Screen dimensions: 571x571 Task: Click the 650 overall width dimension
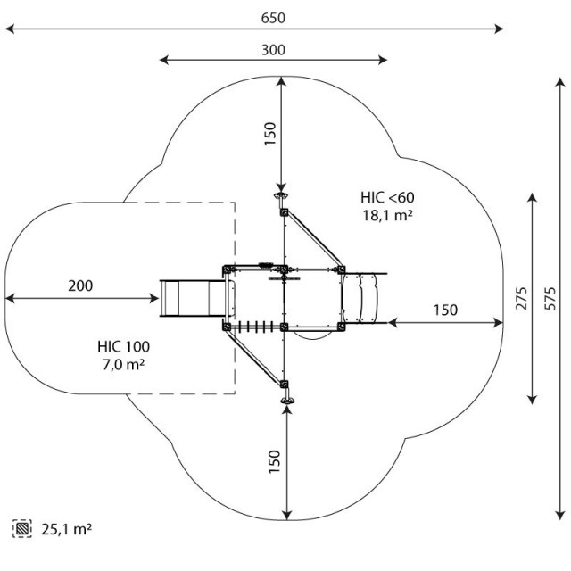(273, 18)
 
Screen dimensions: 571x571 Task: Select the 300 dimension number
(273, 50)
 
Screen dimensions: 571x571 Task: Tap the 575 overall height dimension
(550, 299)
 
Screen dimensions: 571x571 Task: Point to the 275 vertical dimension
(521, 299)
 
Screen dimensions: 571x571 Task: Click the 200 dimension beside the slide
(80, 285)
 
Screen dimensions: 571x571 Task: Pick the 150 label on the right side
(445, 310)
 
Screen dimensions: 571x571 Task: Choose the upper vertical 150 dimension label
(269, 134)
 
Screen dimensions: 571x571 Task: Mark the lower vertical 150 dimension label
(274, 462)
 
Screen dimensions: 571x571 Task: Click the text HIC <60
(387, 197)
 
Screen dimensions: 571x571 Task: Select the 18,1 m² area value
(387, 215)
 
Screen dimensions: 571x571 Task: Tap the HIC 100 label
(123, 347)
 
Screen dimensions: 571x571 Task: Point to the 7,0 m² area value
(123, 364)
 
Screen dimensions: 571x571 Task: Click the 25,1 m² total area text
(66, 529)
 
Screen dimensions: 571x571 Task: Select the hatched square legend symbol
(22, 528)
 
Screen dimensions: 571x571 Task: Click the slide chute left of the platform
(193, 298)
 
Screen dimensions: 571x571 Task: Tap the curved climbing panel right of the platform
(360, 298)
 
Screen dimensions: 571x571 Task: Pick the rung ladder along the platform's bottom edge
(256, 327)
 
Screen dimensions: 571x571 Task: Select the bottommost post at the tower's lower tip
(287, 401)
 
